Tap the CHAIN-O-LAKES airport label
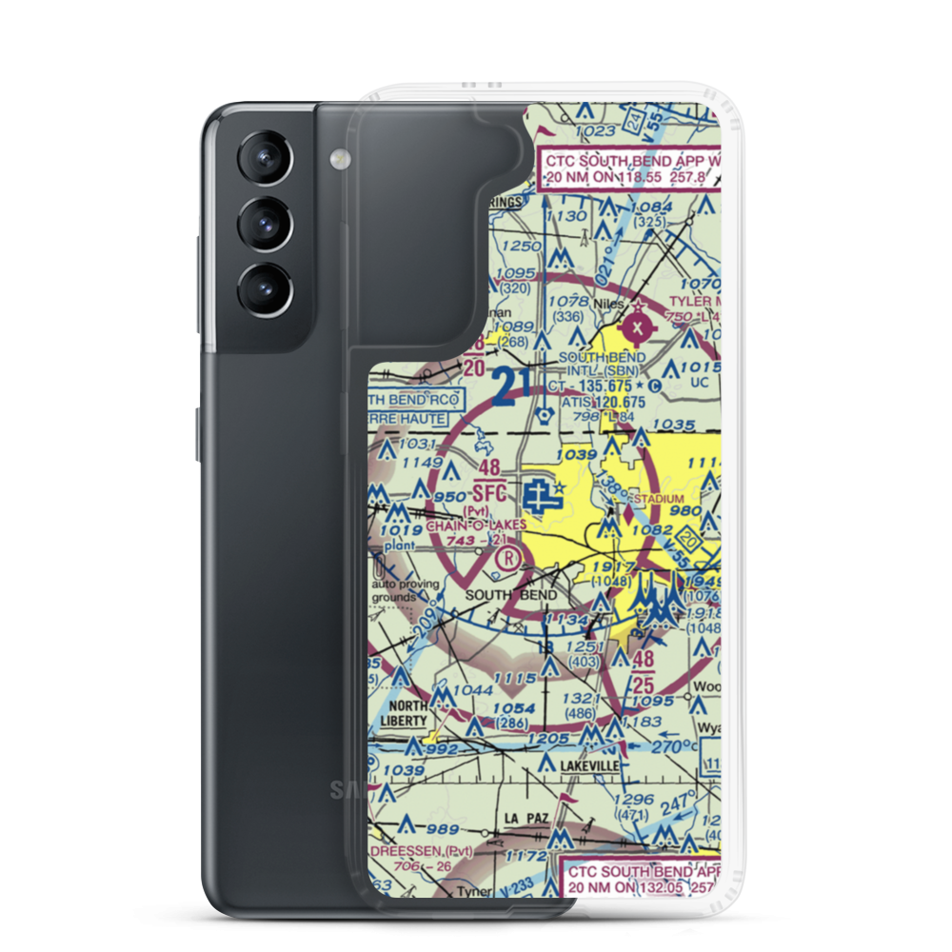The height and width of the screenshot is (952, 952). pyautogui.click(x=476, y=525)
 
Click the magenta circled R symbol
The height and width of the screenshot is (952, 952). pyautogui.click(x=511, y=557)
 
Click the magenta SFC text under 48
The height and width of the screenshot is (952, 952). pyautogui.click(x=488, y=494)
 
